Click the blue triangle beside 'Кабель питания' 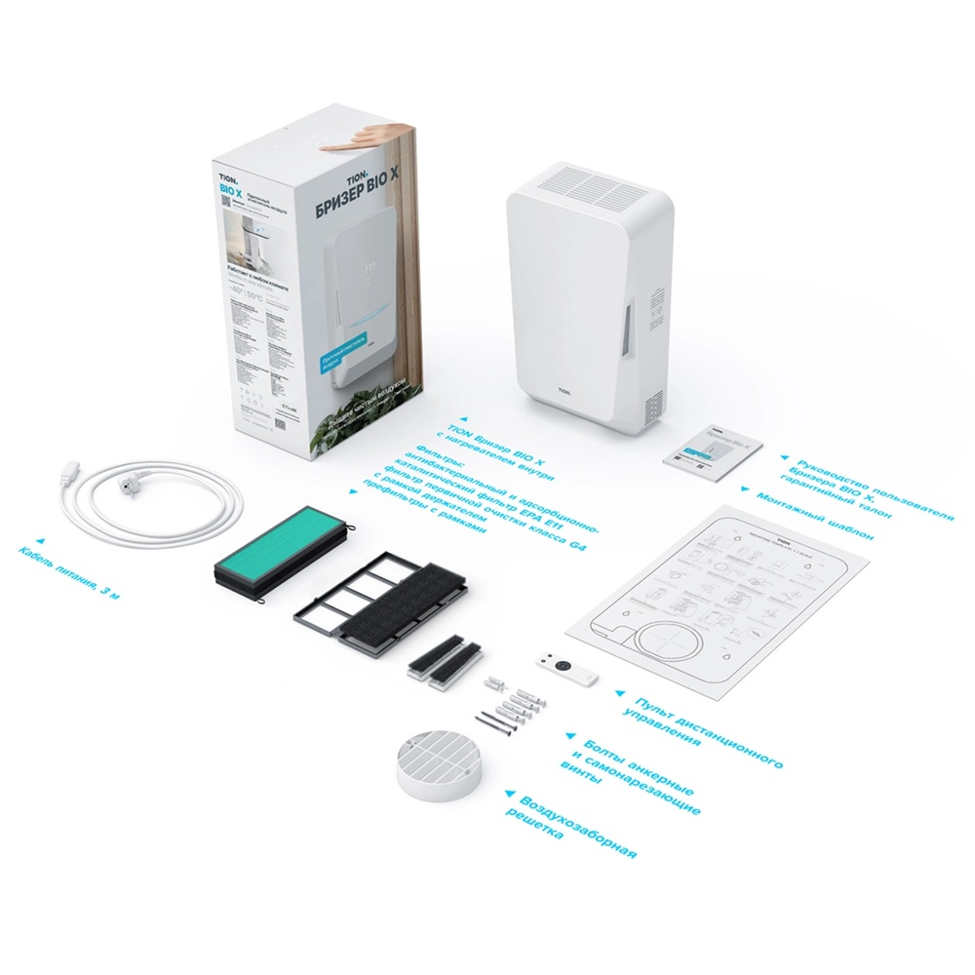40,538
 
